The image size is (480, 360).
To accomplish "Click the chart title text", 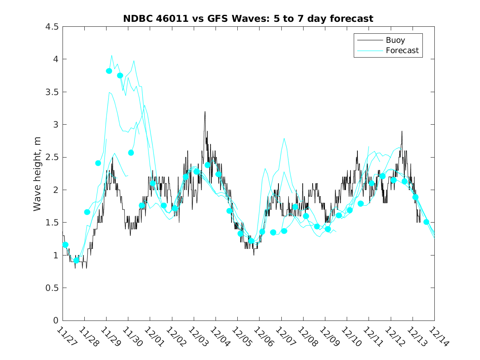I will pos(248,19).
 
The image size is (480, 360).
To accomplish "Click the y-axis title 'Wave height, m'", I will pos(37,174).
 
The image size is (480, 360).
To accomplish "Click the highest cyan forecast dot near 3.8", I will pos(109,71).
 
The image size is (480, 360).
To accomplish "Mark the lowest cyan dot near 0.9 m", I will pos(76,260).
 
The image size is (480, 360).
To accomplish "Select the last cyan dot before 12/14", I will pos(427,222).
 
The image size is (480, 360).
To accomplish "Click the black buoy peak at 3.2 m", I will pos(205,111).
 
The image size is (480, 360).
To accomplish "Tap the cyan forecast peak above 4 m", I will pos(111,56).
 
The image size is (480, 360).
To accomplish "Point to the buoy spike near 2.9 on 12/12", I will pos(402,131).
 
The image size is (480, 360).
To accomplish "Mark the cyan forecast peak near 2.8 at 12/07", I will pos(284,138).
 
